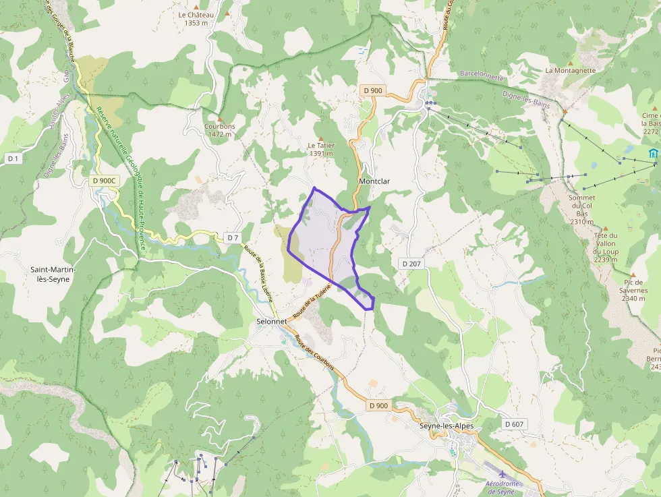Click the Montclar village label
[374, 181]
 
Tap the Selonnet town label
[272, 322]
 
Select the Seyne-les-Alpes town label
[447, 426]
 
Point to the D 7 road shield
[233, 237]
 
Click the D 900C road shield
[105, 181]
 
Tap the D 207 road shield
[411, 263]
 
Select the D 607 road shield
[514, 424]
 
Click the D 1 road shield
[13, 158]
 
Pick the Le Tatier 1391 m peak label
[321, 149]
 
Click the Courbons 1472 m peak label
[220, 129]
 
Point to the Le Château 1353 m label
[196, 18]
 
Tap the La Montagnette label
[571, 70]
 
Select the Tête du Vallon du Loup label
[606, 247]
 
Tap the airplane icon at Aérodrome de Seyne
[502, 473]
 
